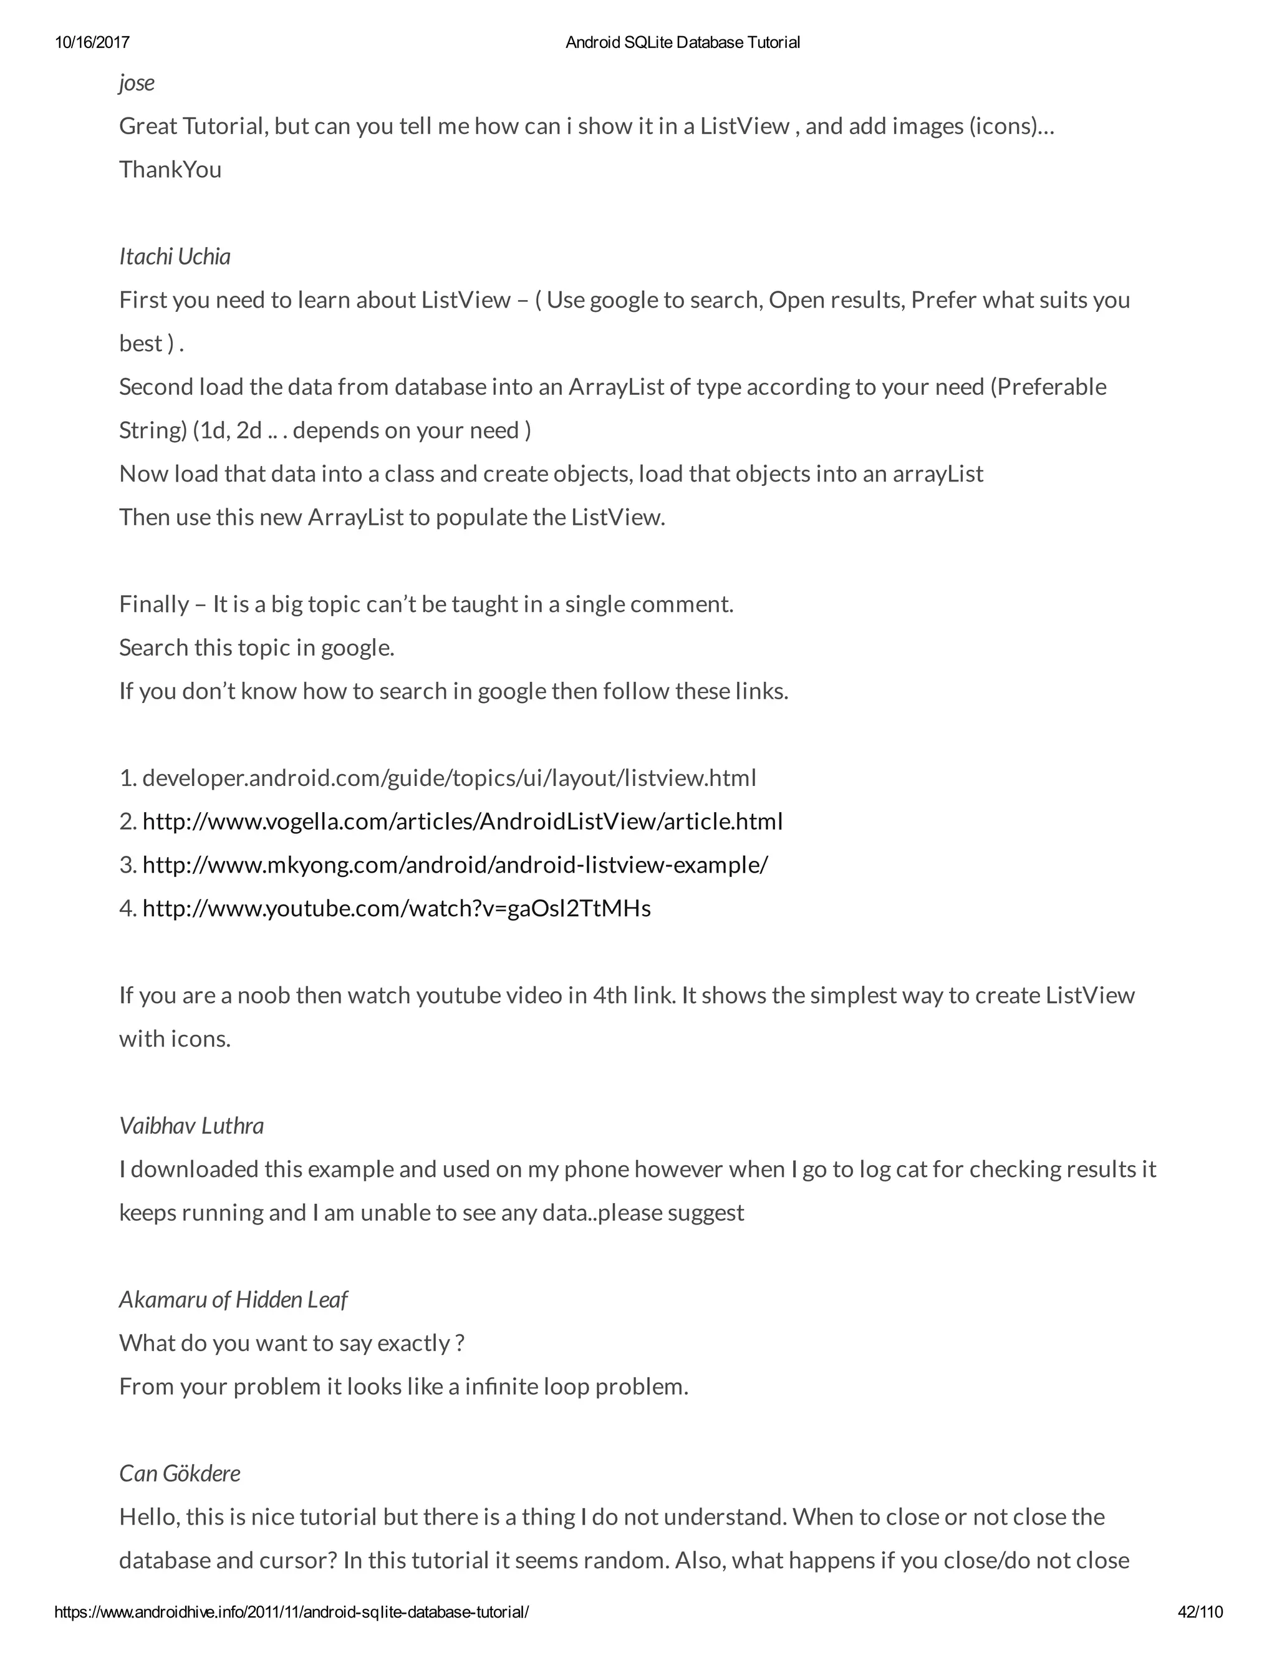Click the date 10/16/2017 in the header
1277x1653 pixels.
tap(92, 42)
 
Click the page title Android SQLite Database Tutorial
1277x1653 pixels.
tap(682, 42)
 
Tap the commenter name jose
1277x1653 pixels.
tap(137, 82)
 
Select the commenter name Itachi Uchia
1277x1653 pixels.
tap(175, 256)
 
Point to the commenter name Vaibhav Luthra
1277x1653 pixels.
tap(191, 1125)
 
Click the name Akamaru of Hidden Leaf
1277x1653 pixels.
tap(233, 1299)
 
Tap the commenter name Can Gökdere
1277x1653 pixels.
tap(180, 1473)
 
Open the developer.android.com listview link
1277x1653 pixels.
tap(450, 778)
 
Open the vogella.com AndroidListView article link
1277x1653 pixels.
tap(462, 822)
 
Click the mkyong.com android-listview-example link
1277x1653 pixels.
tap(455, 865)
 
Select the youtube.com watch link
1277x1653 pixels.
tap(397, 908)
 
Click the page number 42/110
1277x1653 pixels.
tap(1200, 1612)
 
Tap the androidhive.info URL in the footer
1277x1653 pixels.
tap(291, 1612)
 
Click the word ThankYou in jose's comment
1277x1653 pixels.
tap(170, 170)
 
